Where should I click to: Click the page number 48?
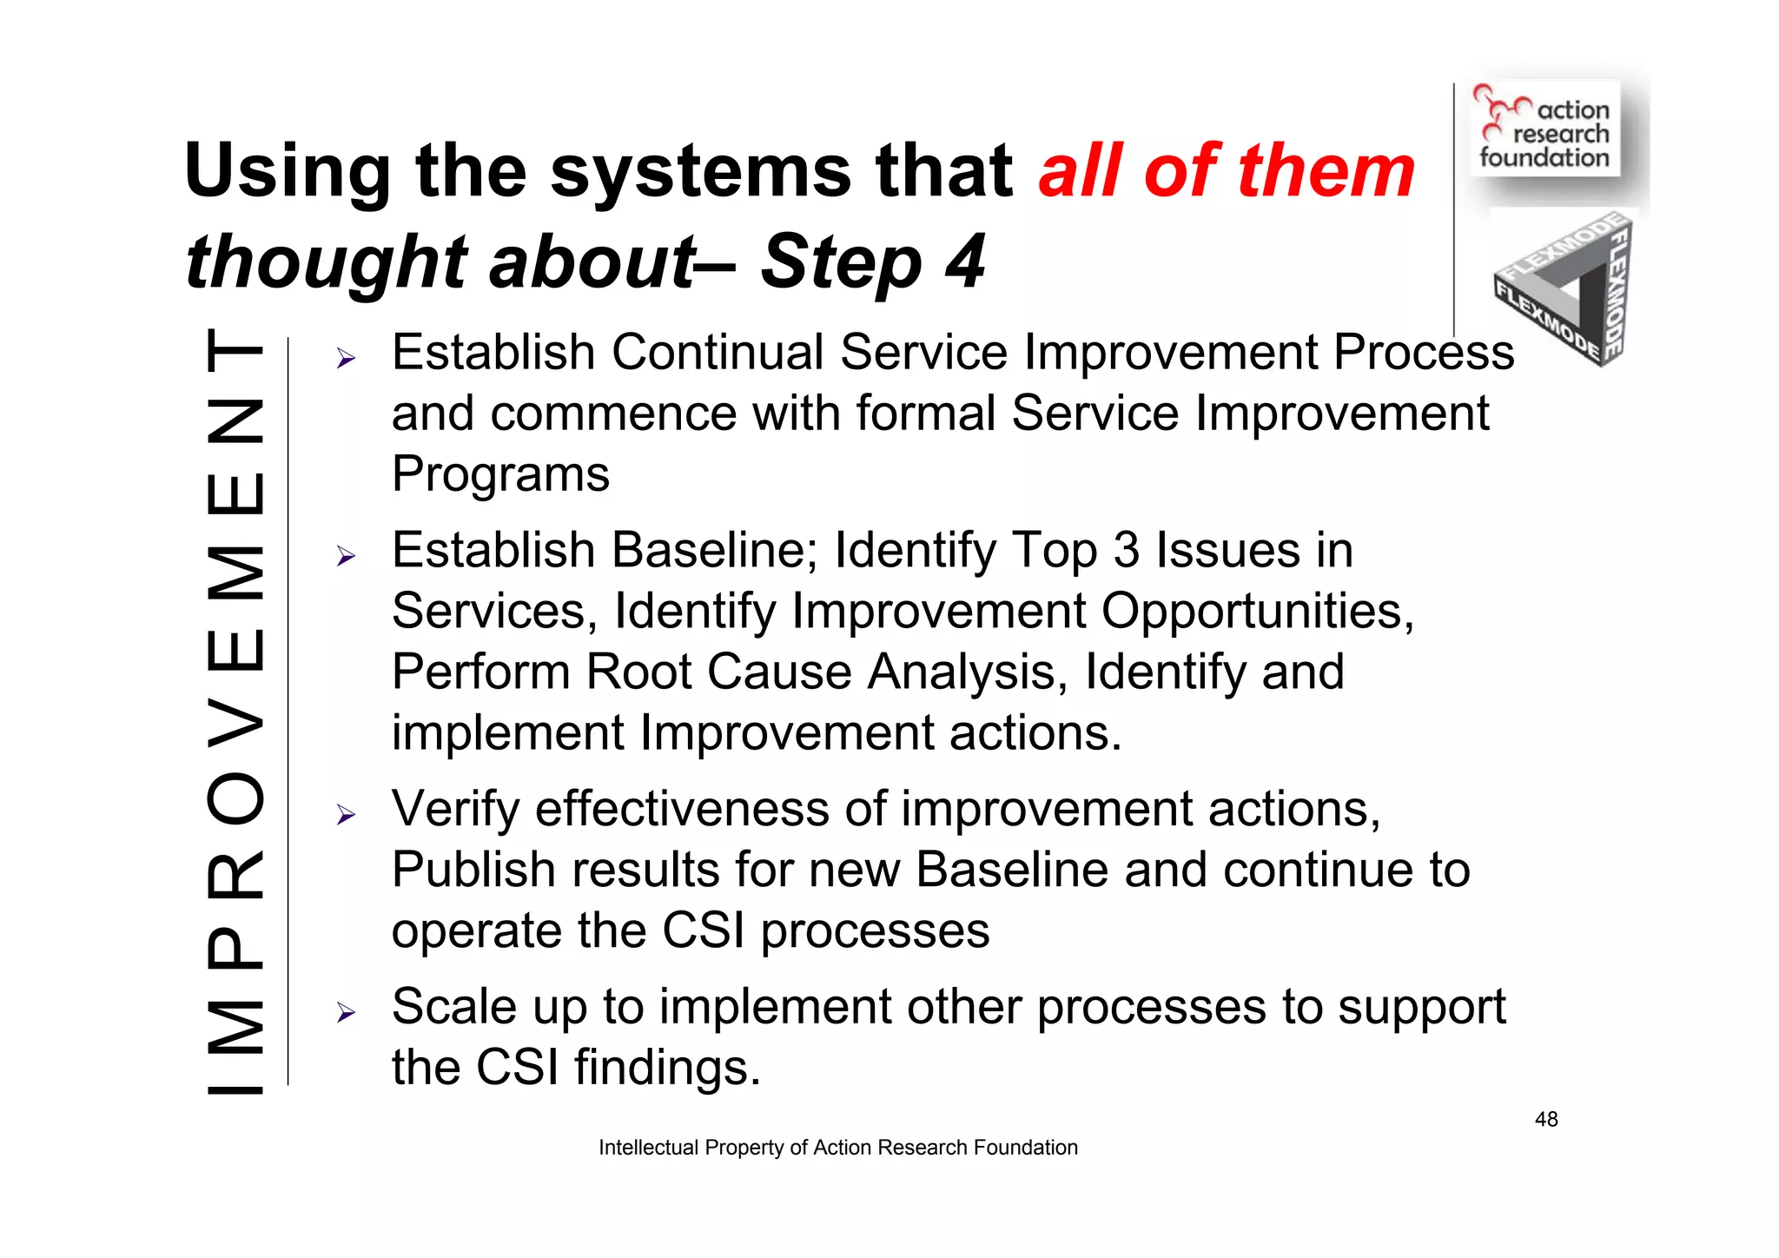pos(1546,1119)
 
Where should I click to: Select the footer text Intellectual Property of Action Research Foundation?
pos(837,1148)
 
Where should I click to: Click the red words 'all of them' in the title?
pos(1227,171)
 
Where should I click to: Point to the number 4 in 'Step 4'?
pos(965,262)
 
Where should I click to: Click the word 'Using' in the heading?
pos(288,171)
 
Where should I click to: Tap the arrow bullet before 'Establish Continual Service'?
pos(347,358)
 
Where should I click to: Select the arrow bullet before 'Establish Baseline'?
pos(347,556)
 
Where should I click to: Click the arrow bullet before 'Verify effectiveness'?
pos(347,814)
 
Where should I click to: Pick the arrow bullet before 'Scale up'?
pos(347,1012)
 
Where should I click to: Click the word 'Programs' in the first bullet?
pos(500,475)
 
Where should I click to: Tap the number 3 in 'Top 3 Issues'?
pos(1126,551)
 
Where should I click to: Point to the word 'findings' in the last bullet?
pos(660,1068)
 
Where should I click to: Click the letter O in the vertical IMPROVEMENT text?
pos(235,798)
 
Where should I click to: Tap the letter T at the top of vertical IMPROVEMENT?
pos(235,351)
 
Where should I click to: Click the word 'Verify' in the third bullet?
pos(455,810)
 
